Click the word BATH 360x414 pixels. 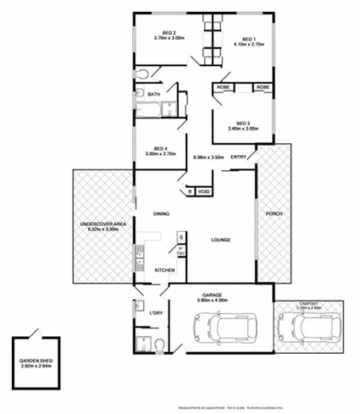(x=154, y=94)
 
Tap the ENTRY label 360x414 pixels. (x=239, y=157)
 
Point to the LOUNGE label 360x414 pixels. (x=221, y=240)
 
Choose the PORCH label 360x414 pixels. (x=273, y=213)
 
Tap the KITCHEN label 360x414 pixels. (x=164, y=269)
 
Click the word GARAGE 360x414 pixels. (x=222, y=294)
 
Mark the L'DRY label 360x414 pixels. (x=156, y=314)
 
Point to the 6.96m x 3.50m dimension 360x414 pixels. (x=208, y=157)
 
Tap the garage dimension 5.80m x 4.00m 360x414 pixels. (x=222, y=301)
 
